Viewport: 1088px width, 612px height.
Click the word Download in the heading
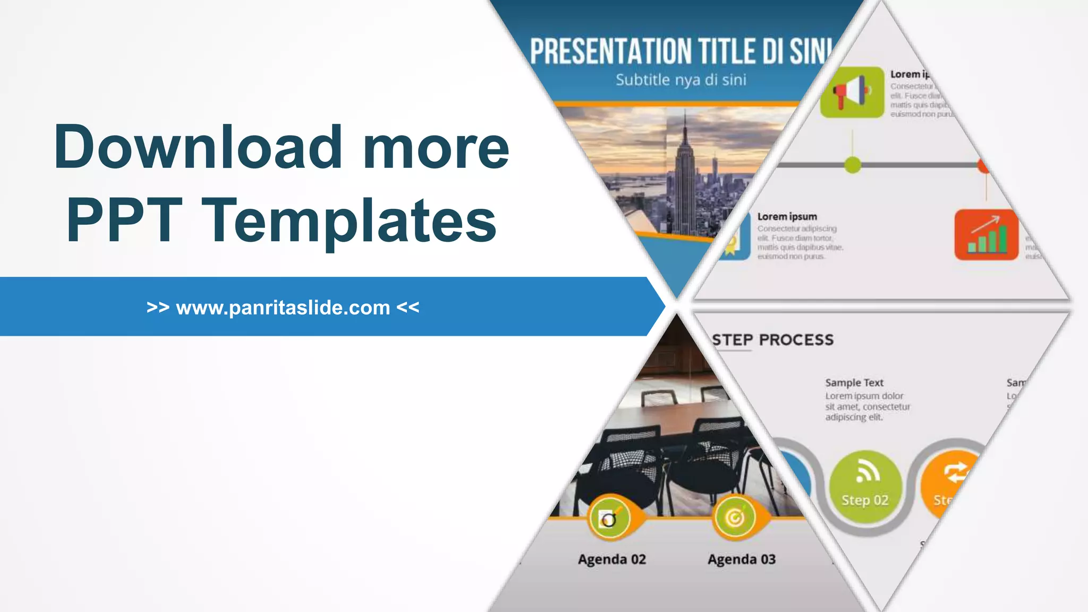198,147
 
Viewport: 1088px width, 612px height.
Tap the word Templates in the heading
349,220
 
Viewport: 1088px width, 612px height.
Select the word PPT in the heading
124,220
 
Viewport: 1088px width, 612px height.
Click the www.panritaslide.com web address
283,308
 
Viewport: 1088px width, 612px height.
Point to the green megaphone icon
852,92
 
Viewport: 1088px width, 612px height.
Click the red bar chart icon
986,235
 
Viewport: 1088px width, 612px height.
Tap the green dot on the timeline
853,165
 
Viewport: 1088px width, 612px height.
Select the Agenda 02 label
611,559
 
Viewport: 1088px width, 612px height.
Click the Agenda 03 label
741,559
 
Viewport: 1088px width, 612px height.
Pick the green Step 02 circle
865,486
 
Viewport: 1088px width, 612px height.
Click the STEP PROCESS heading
773,340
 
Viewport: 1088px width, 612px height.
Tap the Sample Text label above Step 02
854,382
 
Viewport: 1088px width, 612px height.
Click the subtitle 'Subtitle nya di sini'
681,80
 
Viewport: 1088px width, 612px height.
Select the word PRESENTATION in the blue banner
610,52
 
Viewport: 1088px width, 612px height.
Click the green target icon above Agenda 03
735,517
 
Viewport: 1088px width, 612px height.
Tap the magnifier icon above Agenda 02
609,518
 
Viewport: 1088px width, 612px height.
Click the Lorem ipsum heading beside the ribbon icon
787,217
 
